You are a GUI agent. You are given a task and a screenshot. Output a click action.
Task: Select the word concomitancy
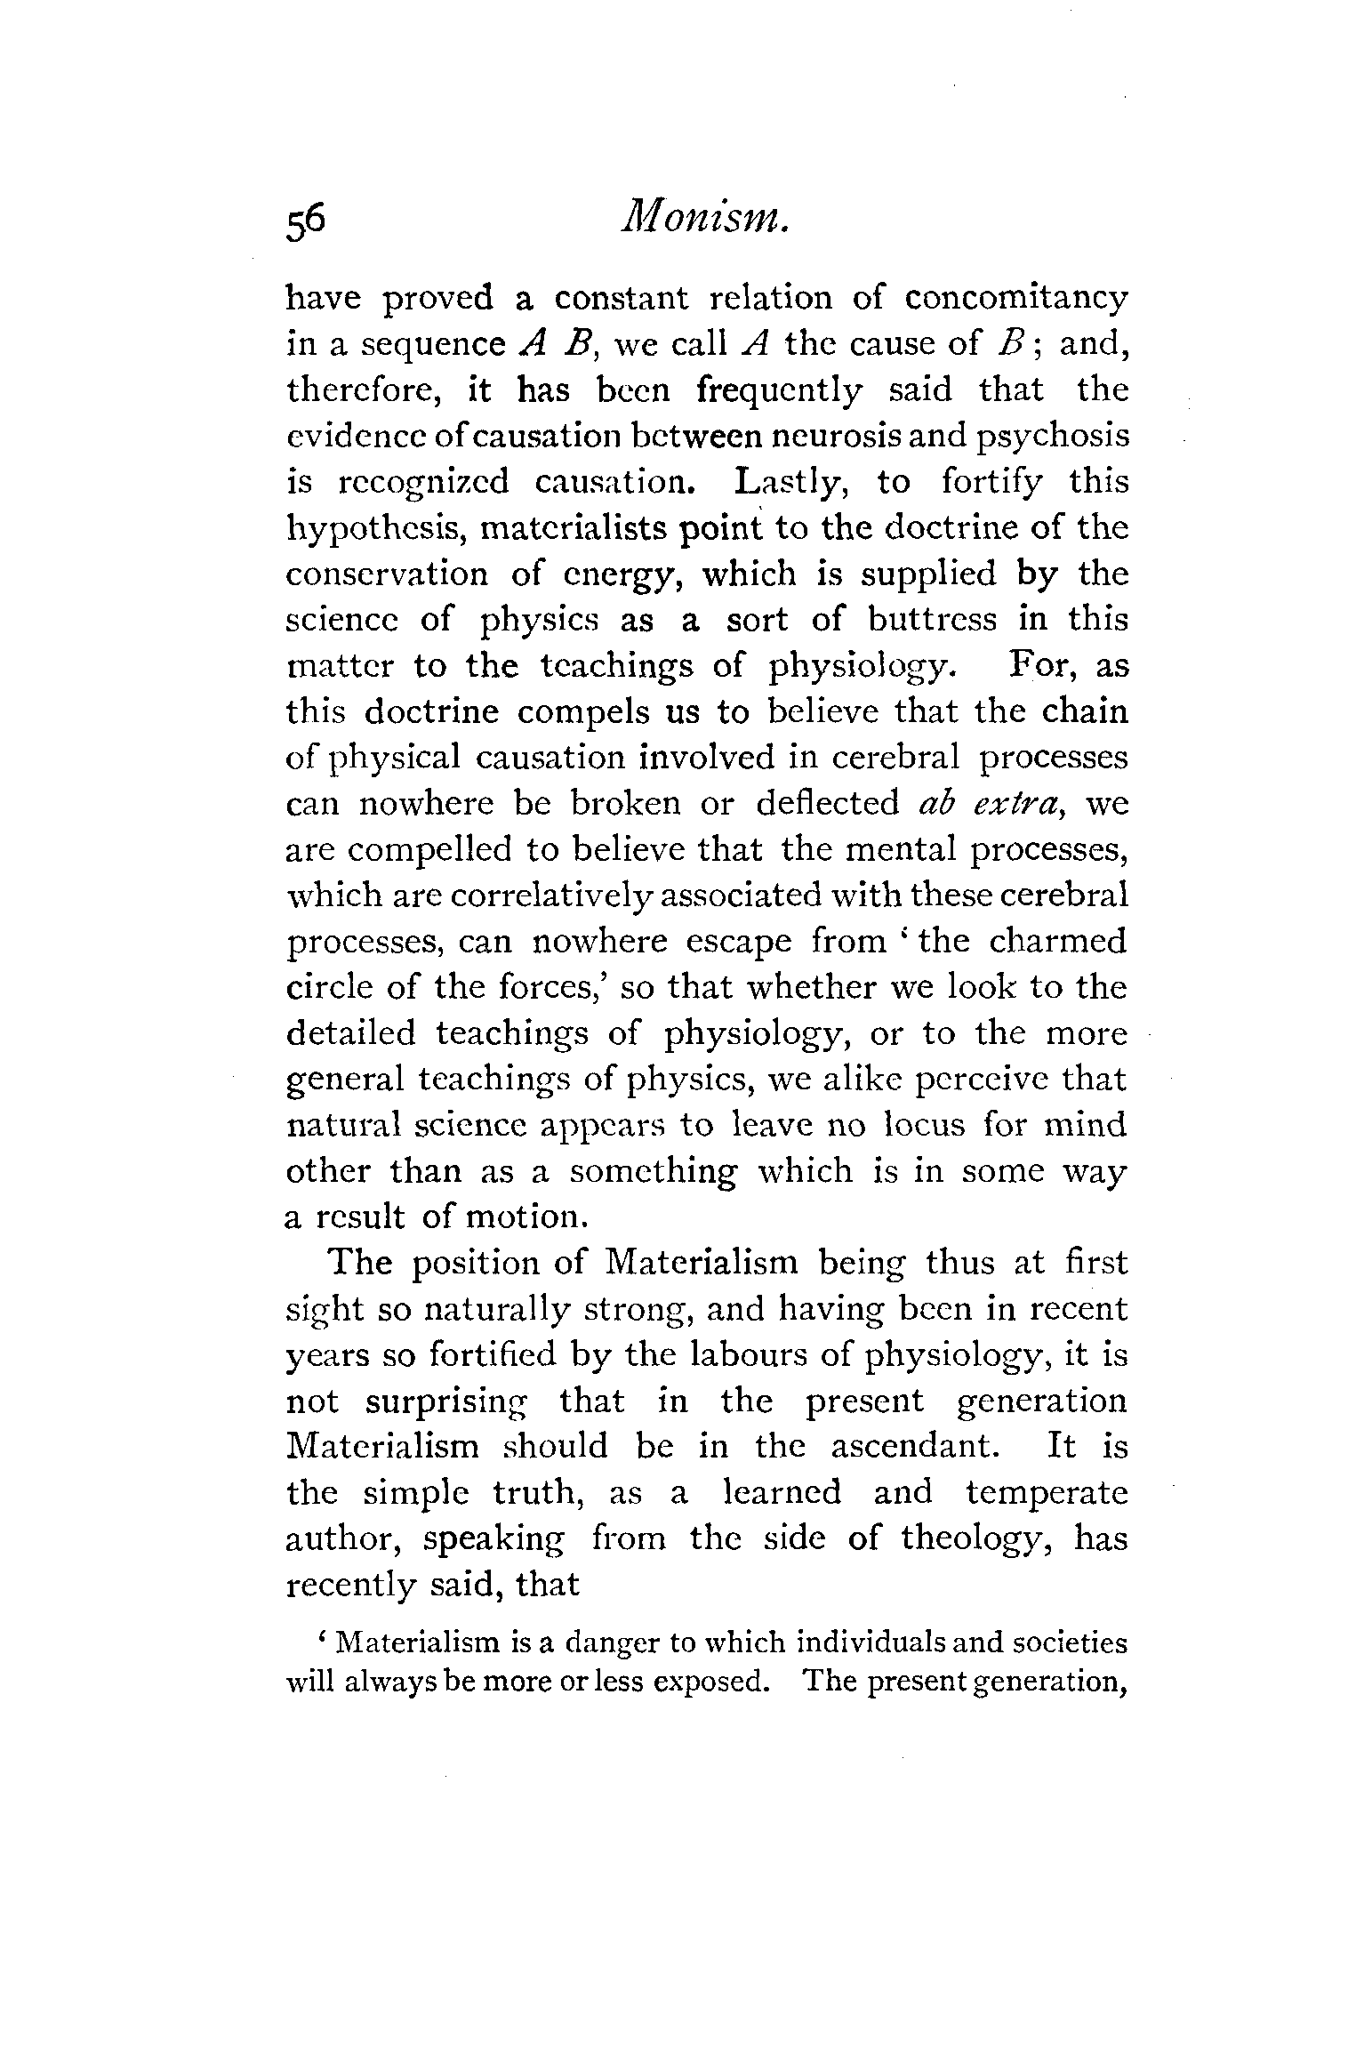[x=1016, y=298]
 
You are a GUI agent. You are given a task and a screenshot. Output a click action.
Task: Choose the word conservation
[x=387, y=574]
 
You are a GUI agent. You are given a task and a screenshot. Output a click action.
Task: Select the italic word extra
[x=1016, y=803]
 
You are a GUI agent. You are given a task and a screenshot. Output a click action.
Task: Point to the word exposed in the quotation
[x=710, y=1683]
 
